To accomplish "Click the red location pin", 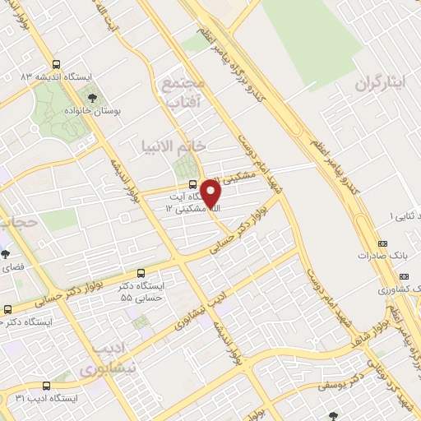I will [x=210, y=194].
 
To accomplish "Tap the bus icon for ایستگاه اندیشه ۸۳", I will [x=56, y=63].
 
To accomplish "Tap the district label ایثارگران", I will [x=383, y=84].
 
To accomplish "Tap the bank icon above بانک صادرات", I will [x=383, y=244].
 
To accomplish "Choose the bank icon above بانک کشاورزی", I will [x=415, y=278].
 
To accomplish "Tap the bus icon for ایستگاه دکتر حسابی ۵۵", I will [x=141, y=273].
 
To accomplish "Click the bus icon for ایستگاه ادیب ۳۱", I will [x=46, y=385].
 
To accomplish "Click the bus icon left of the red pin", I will [x=192, y=184].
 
